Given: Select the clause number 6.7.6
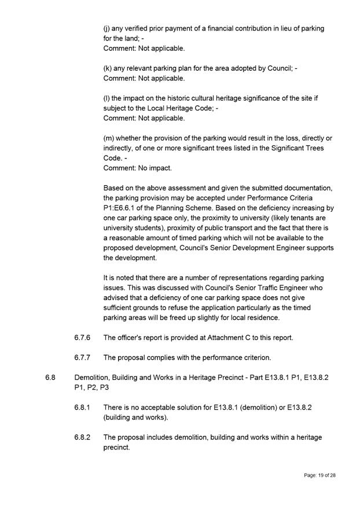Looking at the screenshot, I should (83, 337).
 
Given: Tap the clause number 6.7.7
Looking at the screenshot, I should (83, 357).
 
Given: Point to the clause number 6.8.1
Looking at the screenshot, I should (83, 408).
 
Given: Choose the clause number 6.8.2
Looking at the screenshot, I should (83, 438).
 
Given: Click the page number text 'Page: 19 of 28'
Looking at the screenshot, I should (319, 475).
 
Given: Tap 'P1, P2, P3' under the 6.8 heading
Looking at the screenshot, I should (91, 388).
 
